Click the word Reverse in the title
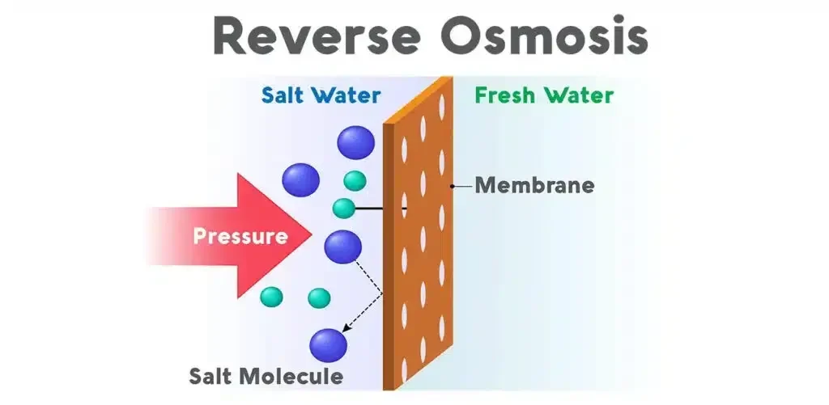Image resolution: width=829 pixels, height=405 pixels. (x=304, y=38)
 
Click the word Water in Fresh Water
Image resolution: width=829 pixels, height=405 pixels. (x=580, y=95)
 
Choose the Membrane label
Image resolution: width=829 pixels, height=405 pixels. (x=534, y=185)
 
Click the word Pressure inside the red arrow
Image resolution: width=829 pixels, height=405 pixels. (x=240, y=237)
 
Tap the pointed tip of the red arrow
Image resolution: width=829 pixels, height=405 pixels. (x=310, y=235)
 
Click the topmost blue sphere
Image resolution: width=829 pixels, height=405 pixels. (x=356, y=142)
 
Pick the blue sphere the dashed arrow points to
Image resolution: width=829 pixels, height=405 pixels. (x=329, y=344)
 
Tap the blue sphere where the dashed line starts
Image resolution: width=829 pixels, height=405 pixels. (x=342, y=247)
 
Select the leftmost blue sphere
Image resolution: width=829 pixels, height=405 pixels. (x=301, y=179)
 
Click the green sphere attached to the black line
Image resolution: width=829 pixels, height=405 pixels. (x=344, y=208)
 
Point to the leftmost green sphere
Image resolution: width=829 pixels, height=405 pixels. (x=271, y=297)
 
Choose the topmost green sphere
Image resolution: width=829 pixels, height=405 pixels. (x=355, y=180)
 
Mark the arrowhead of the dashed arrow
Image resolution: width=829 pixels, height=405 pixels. (x=346, y=329)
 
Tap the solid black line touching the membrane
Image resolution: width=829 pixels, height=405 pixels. (x=380, y=209)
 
